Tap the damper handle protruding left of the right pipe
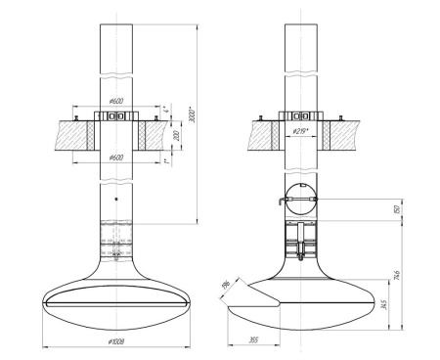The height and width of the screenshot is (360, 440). tap(280, 202)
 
